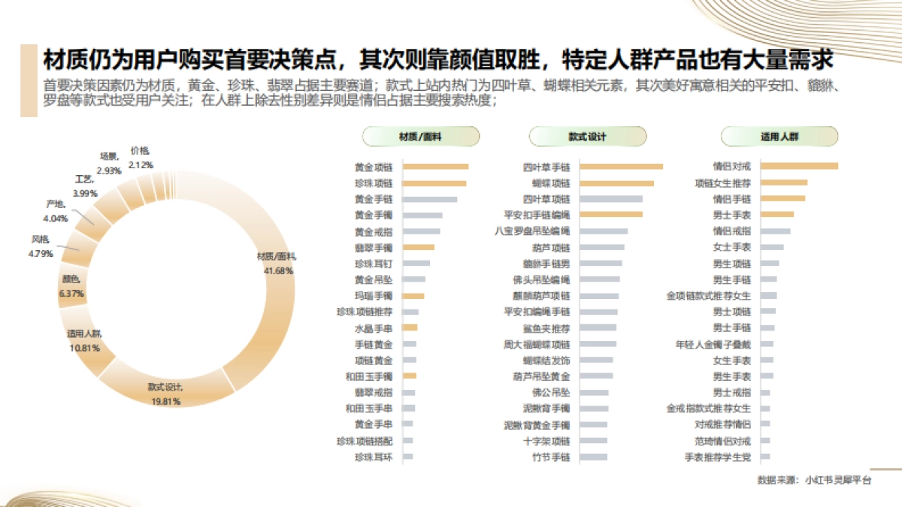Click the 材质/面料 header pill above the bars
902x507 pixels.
(x=420, y=137)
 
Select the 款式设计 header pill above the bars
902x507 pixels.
(x=587, y=137)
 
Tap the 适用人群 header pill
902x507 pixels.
(x=779, y=137)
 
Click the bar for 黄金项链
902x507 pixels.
(x=435, y=167)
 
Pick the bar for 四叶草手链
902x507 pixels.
(x=622, y=167)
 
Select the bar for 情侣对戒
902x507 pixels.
(x=799, y=167)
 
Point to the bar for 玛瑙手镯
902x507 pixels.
(x=413, y=296)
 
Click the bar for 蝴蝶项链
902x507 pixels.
(x=617, y=183)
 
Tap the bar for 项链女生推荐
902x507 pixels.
(x=784, y=183)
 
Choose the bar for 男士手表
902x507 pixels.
(x=777, y=215)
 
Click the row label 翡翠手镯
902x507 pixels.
(x=374, y=248)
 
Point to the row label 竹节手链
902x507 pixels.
(x=552, y=457)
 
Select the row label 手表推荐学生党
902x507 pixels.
(x=717, y=457)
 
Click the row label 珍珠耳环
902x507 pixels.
(x=374, y=457)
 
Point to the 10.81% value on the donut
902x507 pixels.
(x=84, y=349)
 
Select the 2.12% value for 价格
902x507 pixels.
(x=141, y=164)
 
